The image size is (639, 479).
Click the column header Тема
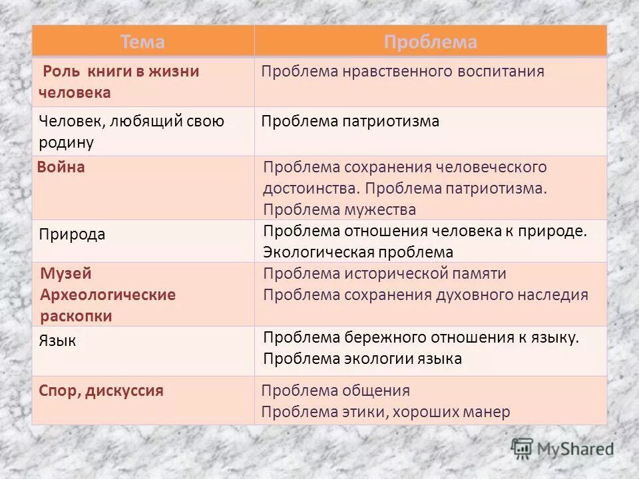pos(142,42)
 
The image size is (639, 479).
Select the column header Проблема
pos(430,42)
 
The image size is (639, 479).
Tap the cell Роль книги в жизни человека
pos(119,82)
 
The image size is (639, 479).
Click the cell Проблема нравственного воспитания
pos(403,72)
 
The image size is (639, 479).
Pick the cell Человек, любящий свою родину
pos(131,131)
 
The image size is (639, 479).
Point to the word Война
pos(62,167)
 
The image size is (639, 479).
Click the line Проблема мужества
pos(339,210)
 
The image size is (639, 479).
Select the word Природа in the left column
pos(72,235)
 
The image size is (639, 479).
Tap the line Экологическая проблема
pos(358,252)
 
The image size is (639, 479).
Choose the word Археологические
pos(108,295)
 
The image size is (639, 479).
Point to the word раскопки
pos(76,316)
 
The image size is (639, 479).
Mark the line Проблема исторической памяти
pos(385,273)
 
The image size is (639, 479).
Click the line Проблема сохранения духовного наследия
pos(425,295)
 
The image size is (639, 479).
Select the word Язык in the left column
pos(58,341)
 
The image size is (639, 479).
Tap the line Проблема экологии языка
pos(362,359)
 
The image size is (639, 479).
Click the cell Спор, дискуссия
pos(101,391)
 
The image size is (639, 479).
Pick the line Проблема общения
pos(335,391)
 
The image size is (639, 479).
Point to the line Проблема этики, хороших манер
pos(385,412)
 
